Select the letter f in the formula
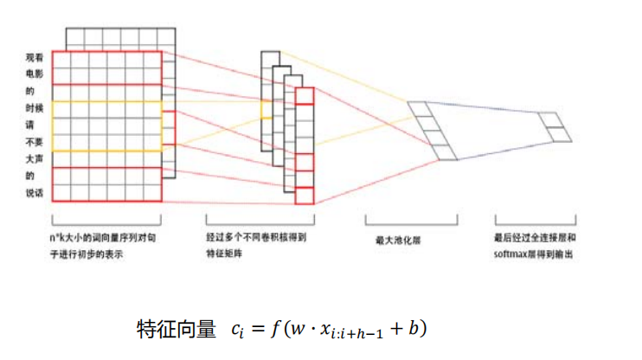(276, 330)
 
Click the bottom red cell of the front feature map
(304, 196)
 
